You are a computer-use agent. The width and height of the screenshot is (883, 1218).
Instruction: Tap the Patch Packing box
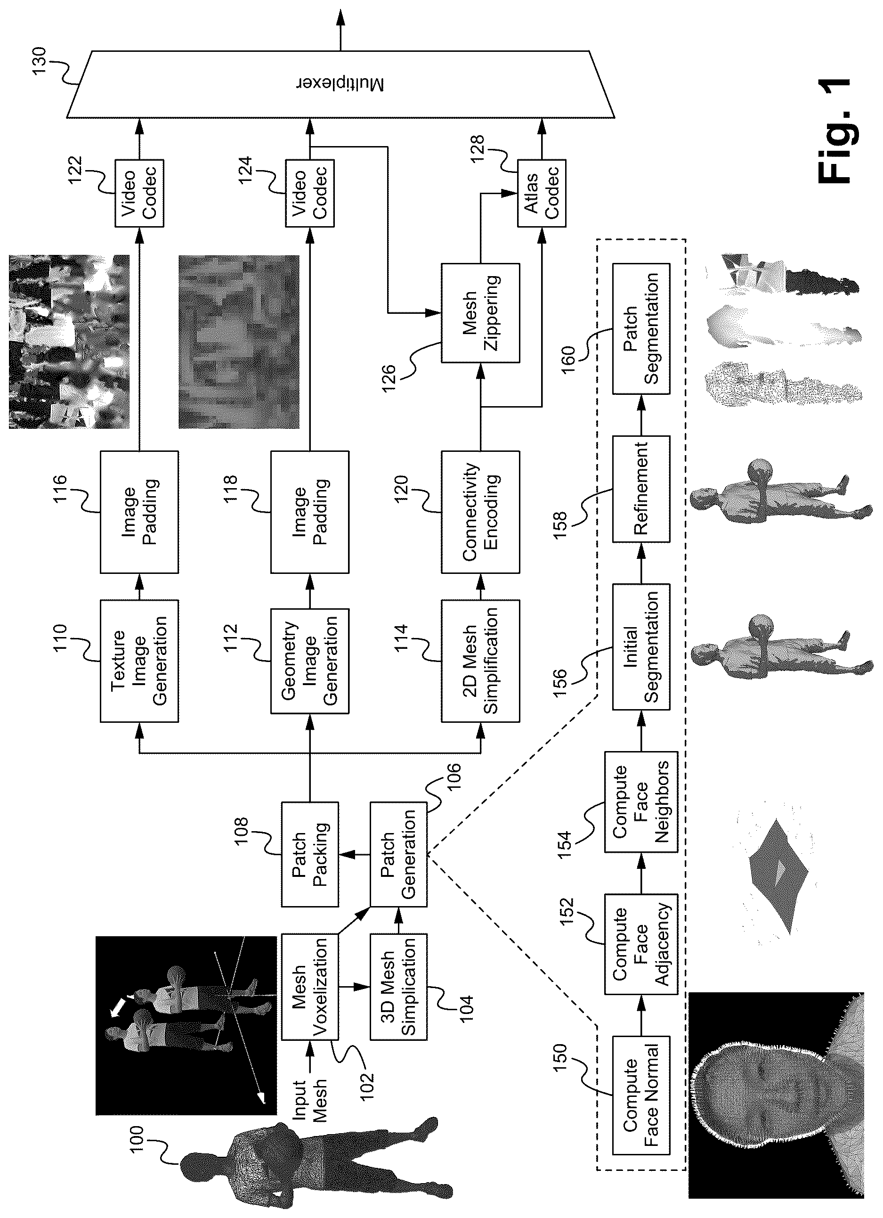pyautogui.click(x=310, y=854)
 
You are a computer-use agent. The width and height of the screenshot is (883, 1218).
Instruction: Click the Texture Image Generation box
pyautogui.click(x=139, y=661)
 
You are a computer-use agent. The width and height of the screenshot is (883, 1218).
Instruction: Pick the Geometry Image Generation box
pyautogui.click(x=310, y=661)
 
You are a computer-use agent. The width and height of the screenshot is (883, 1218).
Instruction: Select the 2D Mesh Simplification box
pyautogui.click(x=480, y=661)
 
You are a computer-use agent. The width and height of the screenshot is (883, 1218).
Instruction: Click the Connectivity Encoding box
pyautogui.click(x=480, y=512)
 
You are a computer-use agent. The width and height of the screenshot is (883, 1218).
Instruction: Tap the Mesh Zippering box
pyautogui.click(x=480, y=312)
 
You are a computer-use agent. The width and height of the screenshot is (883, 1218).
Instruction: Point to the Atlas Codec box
pyautogui.click(x=541, y=193)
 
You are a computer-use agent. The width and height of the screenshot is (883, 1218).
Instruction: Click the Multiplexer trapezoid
pyautogui.click(x=340, y=84)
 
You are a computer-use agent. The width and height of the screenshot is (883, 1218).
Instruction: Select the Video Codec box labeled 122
pyautogui.click(x=139, y=193)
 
